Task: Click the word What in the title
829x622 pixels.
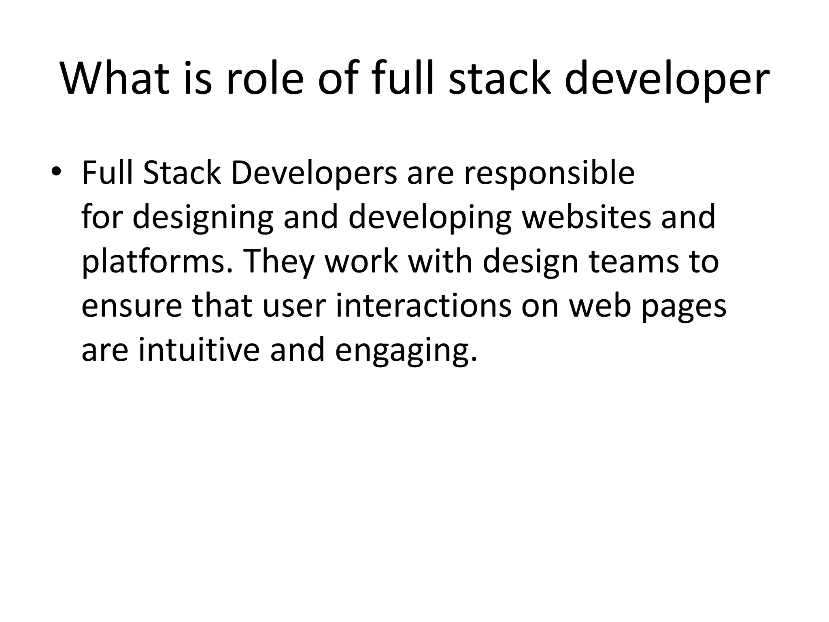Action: [x=115, y=79]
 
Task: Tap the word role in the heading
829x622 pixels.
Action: [x=264, y=79]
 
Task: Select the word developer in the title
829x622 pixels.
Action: [x=667, y=79]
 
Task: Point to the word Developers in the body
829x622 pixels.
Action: [x=314, y=173]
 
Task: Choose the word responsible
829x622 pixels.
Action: [x=549, y=173]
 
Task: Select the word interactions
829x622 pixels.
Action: [x=423, y=305]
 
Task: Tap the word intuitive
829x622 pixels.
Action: [x=199, y=349]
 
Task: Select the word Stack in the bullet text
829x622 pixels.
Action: [x=182, y=173]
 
